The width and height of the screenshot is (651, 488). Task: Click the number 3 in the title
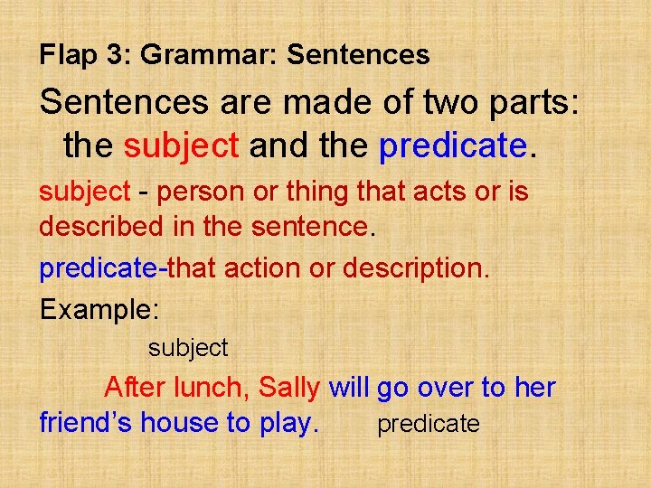(x=117, y=55)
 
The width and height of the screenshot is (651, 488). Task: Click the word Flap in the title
(x=67, y=55)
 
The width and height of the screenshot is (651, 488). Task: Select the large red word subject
(x=181, y=145)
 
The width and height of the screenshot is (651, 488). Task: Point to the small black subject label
(x=188, y=347)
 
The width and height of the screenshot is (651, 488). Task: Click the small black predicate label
(x=428, y=424)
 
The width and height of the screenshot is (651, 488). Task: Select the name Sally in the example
(x=288, y=389)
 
